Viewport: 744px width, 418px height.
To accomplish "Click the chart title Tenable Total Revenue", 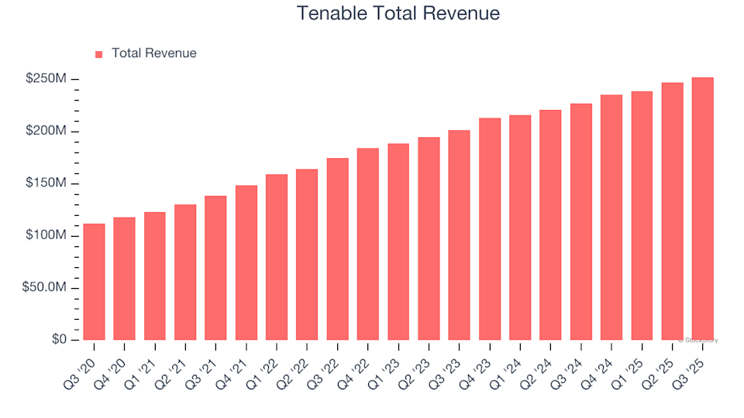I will pos(398,14).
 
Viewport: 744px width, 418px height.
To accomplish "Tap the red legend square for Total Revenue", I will pos(98,54).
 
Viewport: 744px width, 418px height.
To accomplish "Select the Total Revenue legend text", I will pos(153,53).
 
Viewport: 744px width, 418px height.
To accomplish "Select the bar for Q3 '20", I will pos(94,282).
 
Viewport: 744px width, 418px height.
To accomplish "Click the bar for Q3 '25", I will pos(702,209).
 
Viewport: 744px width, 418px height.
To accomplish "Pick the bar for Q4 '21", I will pos(246,263).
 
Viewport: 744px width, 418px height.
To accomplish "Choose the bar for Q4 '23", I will pos(489,229).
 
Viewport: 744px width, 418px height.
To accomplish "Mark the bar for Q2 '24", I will pos(550,225).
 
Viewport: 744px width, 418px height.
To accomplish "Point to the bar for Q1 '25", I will pos(642,216).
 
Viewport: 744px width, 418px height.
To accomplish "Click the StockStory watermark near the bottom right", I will pos(697,340).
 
